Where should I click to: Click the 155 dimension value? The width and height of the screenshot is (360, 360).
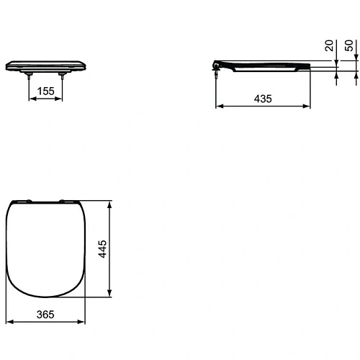pos(45,92)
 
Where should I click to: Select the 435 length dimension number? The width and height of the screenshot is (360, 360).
pos(264,99)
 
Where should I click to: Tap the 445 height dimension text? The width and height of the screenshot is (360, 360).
pos(103,248)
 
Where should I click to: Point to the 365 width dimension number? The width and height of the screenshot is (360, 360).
pos(45,315)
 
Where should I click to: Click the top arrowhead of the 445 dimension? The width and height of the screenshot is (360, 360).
pos(109,204)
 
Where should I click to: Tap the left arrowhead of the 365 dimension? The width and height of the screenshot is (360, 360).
pos(9,323)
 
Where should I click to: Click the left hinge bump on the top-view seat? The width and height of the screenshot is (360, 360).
pos(28,201)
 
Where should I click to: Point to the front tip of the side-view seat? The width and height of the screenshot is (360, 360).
pos(310,66)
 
